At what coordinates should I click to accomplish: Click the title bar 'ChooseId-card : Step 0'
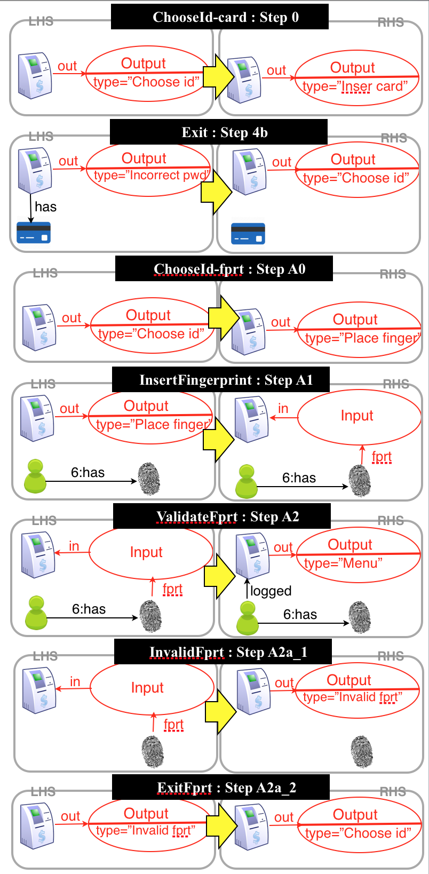pos(219,17)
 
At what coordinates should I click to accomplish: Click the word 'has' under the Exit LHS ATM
pos(45,207)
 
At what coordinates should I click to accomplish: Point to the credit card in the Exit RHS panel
pos(248,234)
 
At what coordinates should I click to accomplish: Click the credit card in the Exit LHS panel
pos(33,233)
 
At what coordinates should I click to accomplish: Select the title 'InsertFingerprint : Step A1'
pos(220,380)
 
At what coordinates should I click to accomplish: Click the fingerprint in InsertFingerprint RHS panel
pos(360,481)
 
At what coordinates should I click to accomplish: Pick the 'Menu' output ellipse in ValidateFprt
pos(358,554)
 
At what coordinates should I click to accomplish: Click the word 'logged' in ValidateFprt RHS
pos(271,591)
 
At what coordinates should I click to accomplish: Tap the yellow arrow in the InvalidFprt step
pos(220,710)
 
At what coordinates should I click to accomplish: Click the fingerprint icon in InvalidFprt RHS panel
pos(362,751)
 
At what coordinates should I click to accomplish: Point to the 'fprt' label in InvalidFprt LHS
pos(173,725)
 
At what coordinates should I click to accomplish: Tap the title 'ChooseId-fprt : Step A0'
pos(224,269)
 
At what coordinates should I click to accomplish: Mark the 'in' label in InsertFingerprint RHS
pos(283,409)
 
